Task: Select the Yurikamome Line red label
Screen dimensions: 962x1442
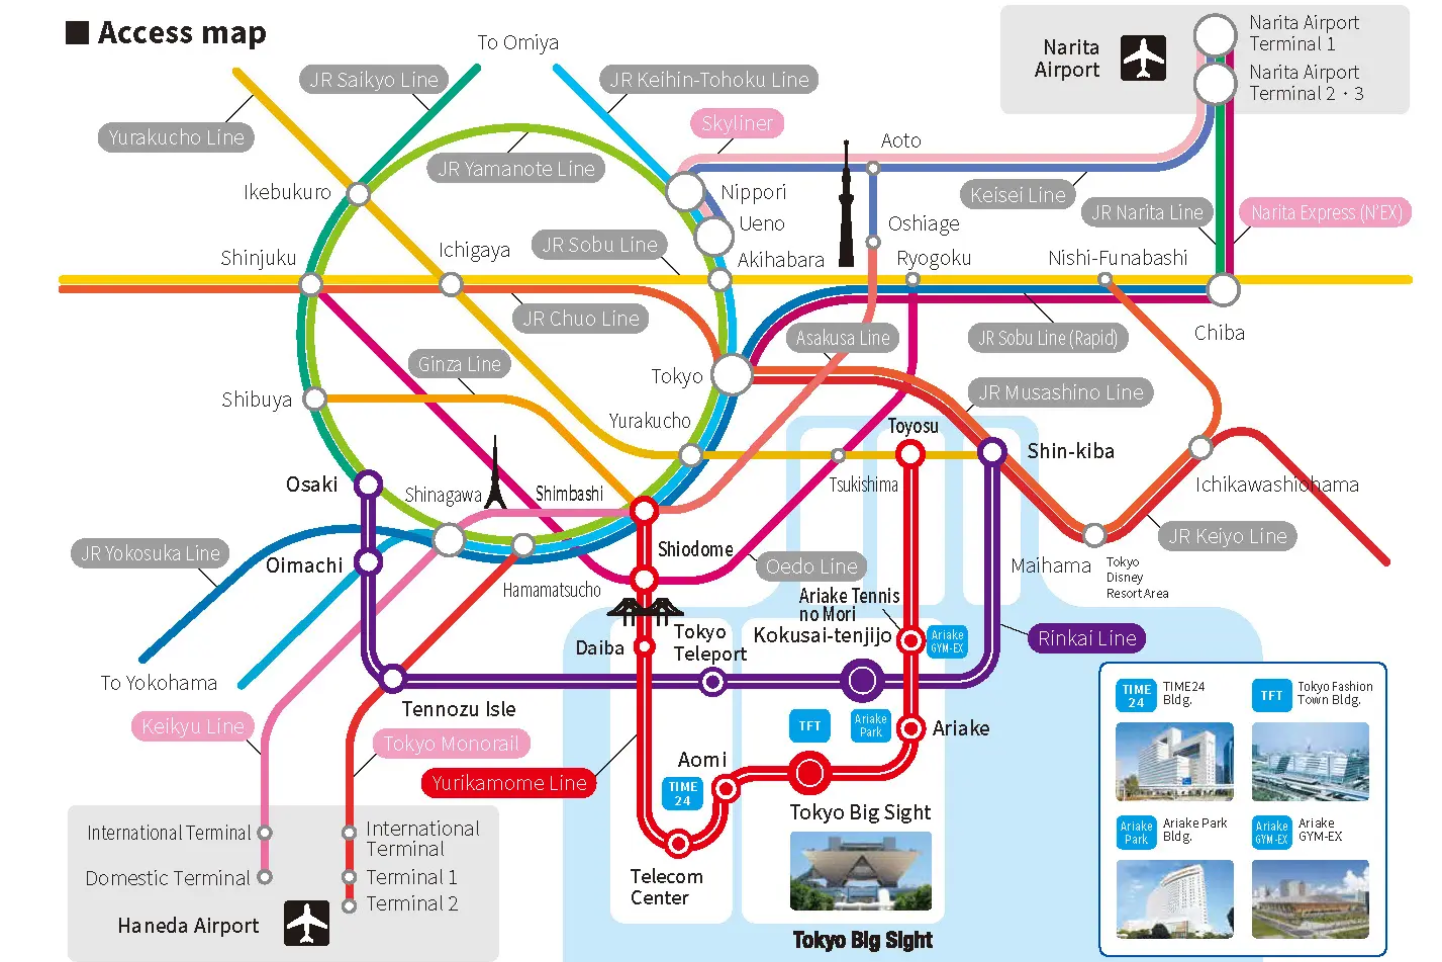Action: (509, 783)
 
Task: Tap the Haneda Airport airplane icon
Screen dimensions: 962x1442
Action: (306, 923)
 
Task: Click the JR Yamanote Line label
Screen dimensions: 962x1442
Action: (516, 169)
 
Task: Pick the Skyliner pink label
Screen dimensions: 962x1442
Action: (737, 123)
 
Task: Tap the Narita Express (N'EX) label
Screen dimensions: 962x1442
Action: (1326, 213)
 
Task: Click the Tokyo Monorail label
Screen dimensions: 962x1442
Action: (451, 744)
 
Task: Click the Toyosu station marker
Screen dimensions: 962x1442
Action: (910, 455)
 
